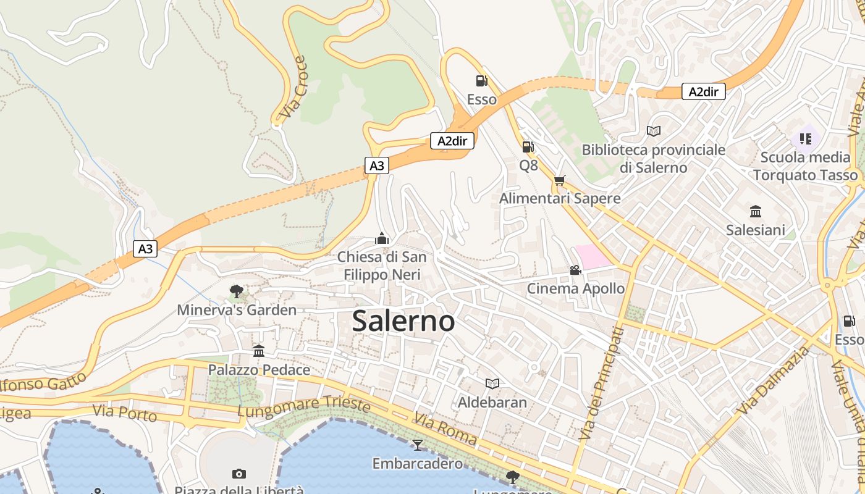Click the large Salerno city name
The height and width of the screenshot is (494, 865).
[x=403, y=321]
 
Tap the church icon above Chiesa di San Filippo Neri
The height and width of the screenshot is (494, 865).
[x=382, y=239]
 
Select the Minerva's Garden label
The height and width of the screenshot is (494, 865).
[x=237, y=310]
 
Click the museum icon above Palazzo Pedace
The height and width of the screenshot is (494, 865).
[x=259, y=351]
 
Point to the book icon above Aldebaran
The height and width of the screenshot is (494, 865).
[x=492, y=384]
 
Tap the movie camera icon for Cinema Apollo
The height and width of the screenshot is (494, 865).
[x=575, y=270]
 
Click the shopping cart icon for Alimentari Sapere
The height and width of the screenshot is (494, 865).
[x=559, y=180]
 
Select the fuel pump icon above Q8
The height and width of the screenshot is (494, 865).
[x=528, y=146]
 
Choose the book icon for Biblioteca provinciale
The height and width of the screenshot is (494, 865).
[x=653, y=131]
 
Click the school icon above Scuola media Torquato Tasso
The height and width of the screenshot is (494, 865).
[x=805, y=138]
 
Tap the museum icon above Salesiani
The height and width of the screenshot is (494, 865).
[x=755, y=212]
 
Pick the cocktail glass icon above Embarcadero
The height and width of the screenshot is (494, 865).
[x=418, y=445]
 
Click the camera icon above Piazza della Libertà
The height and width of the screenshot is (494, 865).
[x=239, y=474]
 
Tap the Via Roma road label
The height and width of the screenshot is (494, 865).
[x=445, y=429]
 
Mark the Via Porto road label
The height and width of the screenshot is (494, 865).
[x=124, y=412]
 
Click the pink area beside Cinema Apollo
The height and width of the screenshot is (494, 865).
[x=593, y=256]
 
